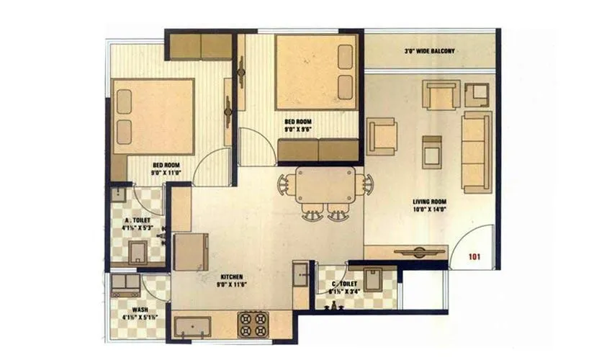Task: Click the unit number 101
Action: click(474, 256)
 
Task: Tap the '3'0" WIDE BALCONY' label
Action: click(429, 51)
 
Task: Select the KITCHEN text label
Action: click(231, 276)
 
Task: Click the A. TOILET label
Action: click(136, 221)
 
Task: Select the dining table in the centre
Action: click(323, 186)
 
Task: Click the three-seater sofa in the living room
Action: click(476, 152)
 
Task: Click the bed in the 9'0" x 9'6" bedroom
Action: click(316, 72)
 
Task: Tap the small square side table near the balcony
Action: click(476, 94)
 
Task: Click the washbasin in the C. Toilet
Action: click(373, 279)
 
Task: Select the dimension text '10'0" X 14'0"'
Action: click(430, 211)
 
